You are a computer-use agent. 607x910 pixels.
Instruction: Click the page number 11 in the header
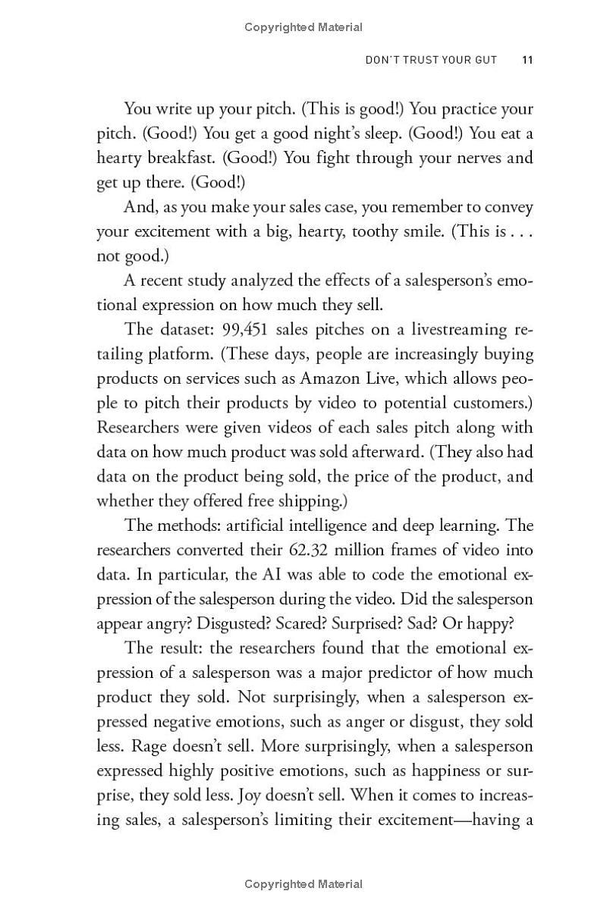click(x=527, y=60)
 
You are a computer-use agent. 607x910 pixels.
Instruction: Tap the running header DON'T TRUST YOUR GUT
click(x=431, y=60)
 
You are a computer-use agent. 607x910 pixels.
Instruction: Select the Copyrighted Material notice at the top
click(x=303, y=27)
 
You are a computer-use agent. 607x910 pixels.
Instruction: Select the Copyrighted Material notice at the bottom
click(x=303, y=883)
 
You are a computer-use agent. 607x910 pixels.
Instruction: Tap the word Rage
click(x=149, y=745)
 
